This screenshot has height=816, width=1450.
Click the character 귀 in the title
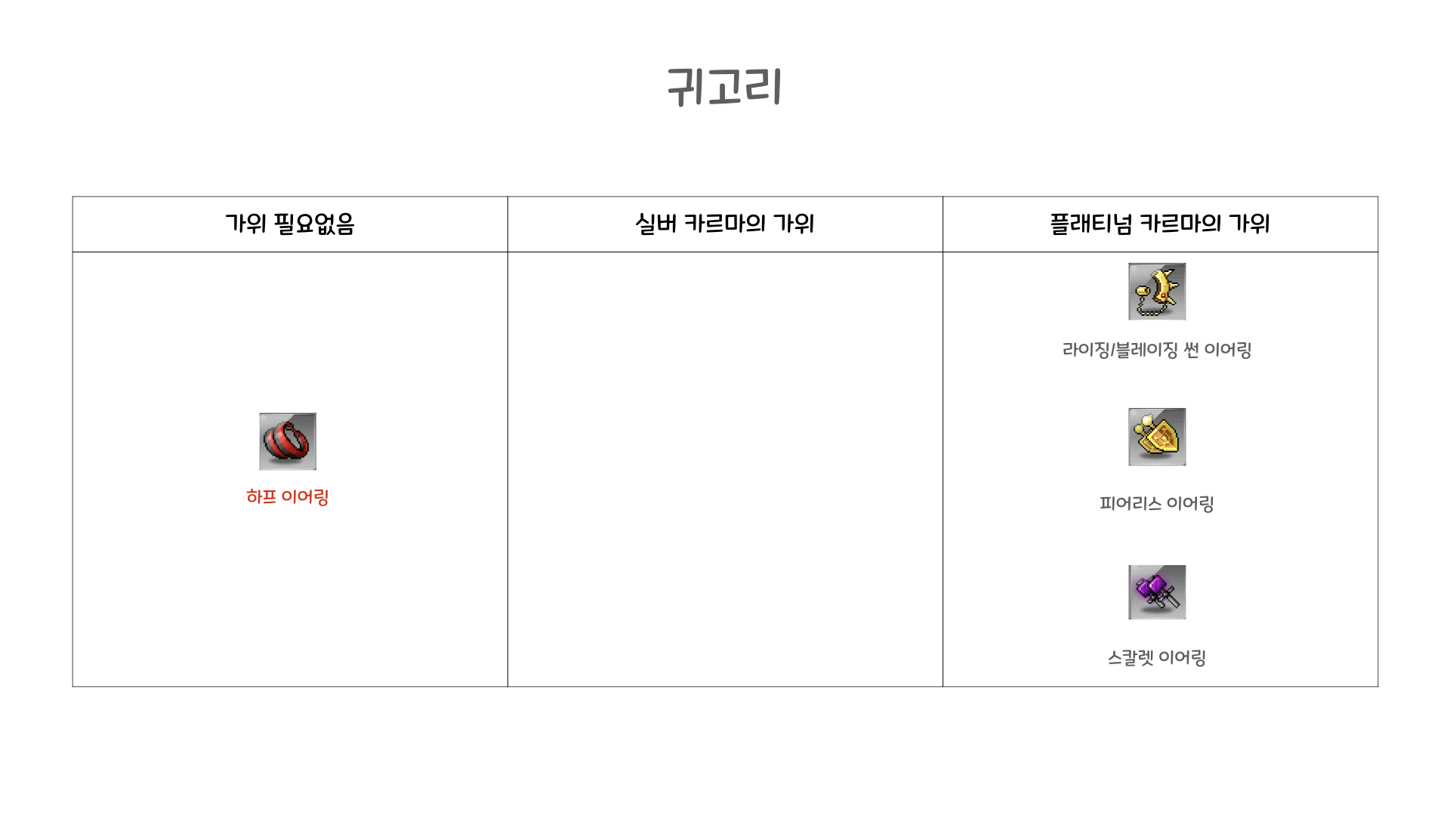tap(685, 86)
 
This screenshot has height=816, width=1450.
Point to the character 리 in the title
tap(764, 86)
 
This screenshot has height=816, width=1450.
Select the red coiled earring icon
tap(288, 441)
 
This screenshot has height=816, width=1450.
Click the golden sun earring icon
tap(1157, 292)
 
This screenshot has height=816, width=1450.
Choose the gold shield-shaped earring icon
tap(1157, 437)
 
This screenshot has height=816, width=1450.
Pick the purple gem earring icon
tap(1157, 592)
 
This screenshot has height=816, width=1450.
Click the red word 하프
tap(261, 497)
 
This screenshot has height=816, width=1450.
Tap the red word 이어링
tap(305, 497)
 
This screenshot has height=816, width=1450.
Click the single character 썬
tap(1191, 350)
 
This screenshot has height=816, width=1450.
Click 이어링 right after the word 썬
tap(1228, 350)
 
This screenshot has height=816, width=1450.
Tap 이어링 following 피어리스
tap(1190, 503)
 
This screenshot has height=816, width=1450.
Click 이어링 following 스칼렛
tap(1182, 658)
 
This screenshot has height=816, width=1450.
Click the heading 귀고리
tap(724, 86)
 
